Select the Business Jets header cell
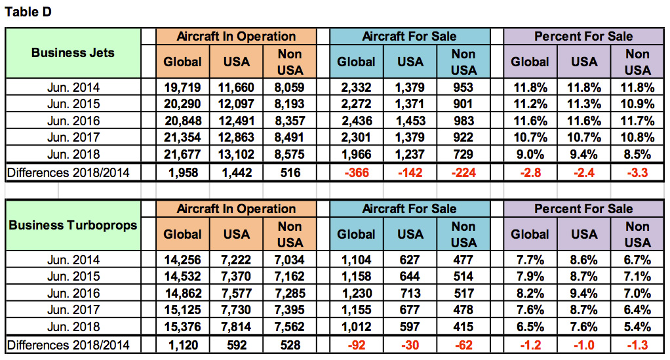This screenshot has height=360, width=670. tap(73, 52)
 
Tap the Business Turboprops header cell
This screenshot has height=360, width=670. tap(73, 225)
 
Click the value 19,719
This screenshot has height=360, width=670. tap(182, 87)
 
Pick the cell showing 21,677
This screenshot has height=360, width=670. tap(182, 155)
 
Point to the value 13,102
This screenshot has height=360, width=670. tap(236, 155)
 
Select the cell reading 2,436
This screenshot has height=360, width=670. tap(356, 121)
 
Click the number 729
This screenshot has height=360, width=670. tap(463, 155)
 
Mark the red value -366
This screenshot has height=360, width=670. tap(356, 173)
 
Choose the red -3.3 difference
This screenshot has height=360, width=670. tap(637, 173)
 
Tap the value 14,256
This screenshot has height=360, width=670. tap(182, 260)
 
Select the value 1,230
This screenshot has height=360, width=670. tap(356, 293)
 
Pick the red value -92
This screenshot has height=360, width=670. tap(356, 345)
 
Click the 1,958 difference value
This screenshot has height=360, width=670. tap(182, 173)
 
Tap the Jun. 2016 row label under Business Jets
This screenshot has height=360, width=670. tap(73, 121)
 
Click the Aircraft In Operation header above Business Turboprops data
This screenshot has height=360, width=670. tap(236, 209)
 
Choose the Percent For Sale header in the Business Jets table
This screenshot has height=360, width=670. tap(583, 37)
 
